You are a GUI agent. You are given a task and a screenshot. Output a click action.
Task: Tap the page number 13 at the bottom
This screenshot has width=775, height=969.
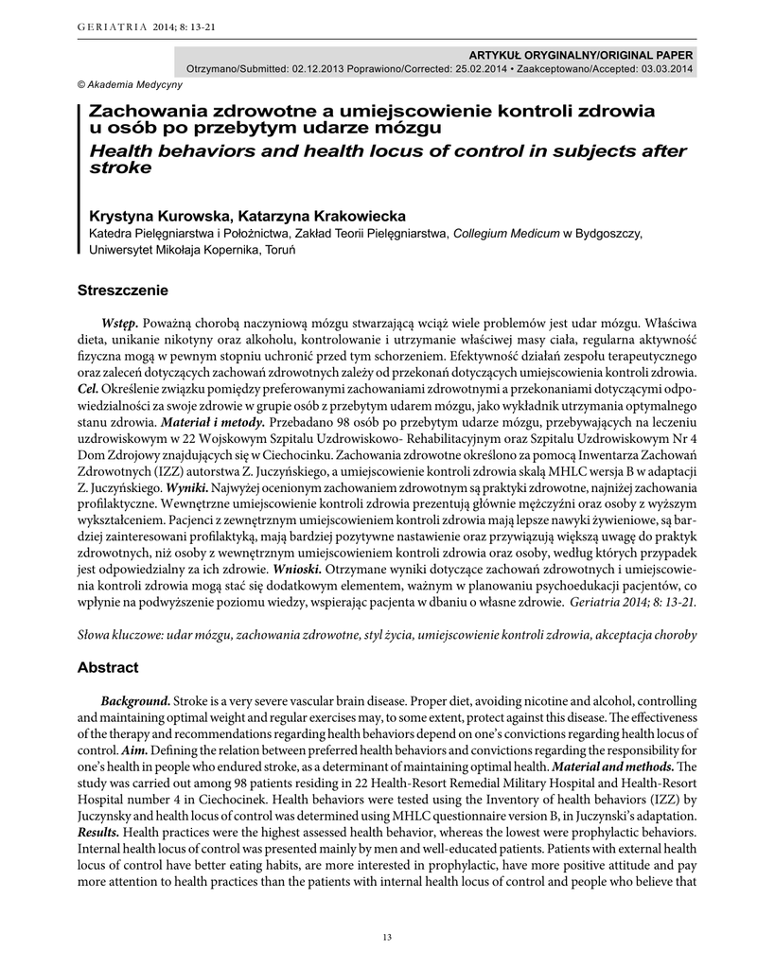click(x=386, y=937)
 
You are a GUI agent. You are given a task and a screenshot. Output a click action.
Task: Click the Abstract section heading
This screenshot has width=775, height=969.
click(x=107, y=667)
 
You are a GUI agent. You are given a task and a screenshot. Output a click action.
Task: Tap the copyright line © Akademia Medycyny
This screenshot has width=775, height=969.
click(x=116, y=84)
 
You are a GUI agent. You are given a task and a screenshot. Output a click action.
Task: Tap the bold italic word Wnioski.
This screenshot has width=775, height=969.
click(x=297, y=571)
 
